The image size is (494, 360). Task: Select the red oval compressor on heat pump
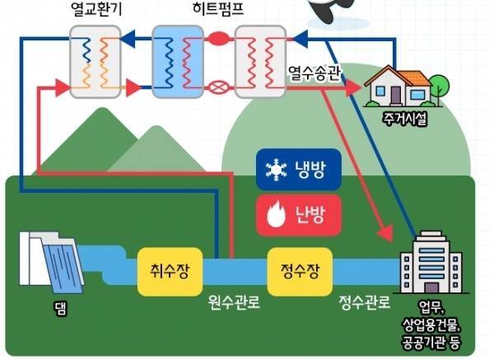coord(219,37)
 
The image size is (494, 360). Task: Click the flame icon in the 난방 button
coord(273,216)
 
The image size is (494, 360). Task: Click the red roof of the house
coord(398,77)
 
